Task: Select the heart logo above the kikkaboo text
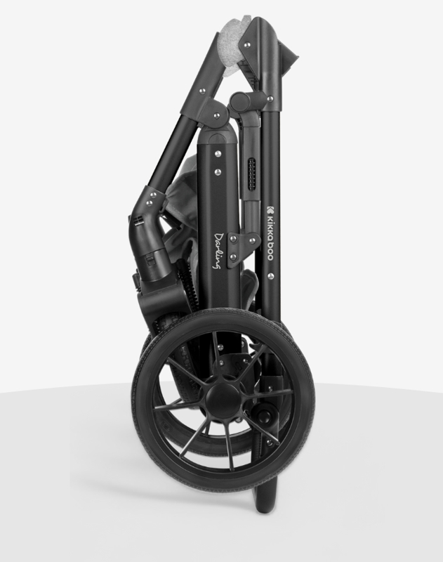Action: point(270,209)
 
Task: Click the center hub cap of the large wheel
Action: point(223,400)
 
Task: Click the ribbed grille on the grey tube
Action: point(252,174)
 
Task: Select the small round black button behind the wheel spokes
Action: point(264,417)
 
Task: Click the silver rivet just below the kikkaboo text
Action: point(270,275)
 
